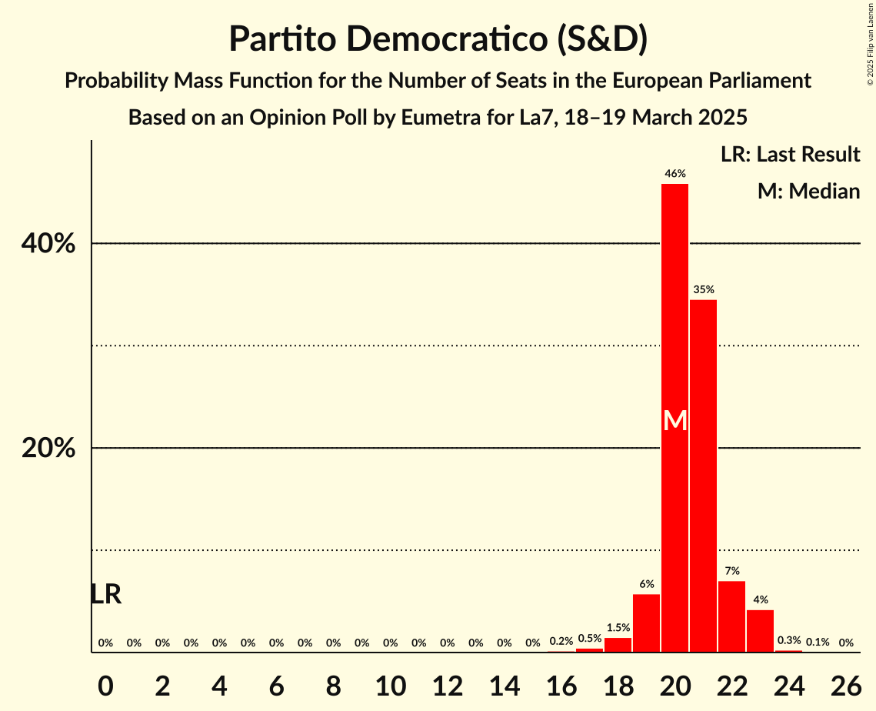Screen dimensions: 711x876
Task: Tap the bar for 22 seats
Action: (x=731, y=616)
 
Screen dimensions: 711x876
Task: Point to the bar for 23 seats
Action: (x=760, y=631)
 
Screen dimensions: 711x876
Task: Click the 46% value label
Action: (x=675, y=174)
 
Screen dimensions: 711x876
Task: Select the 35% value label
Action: (x=703, y=290)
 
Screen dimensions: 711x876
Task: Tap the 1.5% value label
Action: (x=618, y=628)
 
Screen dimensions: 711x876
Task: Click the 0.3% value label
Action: (x=788, y=640)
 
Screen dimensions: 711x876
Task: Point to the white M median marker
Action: (x=675, y=420)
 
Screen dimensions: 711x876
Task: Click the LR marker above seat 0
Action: (x=105, y=594)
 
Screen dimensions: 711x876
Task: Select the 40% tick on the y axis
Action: (x=48, y=244)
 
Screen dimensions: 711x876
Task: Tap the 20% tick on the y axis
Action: (x=48, y=449)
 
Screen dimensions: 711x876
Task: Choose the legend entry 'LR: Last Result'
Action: (x=790, y=155)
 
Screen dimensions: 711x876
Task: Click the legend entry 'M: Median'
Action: (x=808, y=191)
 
